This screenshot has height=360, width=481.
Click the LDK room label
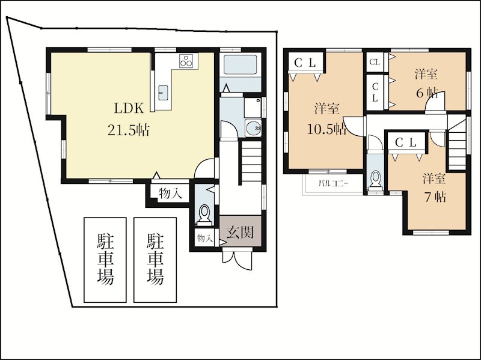tap(129, 108)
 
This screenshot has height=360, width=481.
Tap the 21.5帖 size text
tap(128, 130)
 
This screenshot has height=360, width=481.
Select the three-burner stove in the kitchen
tap(186, 60)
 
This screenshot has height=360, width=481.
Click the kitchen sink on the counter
tap(162, 91)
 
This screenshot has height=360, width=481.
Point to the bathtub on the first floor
tap(240, 65)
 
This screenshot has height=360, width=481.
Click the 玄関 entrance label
tap(240, 232)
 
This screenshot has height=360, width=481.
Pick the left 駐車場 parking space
tap(105, 260)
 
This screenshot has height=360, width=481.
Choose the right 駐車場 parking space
tap(155, 260)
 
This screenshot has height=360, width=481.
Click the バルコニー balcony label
tap(333, 184)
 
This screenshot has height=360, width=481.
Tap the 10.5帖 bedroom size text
tap(326, 129)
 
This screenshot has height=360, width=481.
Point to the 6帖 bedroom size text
tap(426, 93)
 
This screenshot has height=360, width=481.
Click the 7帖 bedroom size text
tap(435, 197)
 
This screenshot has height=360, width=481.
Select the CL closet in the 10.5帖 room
tap(305, 63)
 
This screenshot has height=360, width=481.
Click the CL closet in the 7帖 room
tap(406, 142)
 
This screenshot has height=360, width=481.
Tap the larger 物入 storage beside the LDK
tap(170, 193)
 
